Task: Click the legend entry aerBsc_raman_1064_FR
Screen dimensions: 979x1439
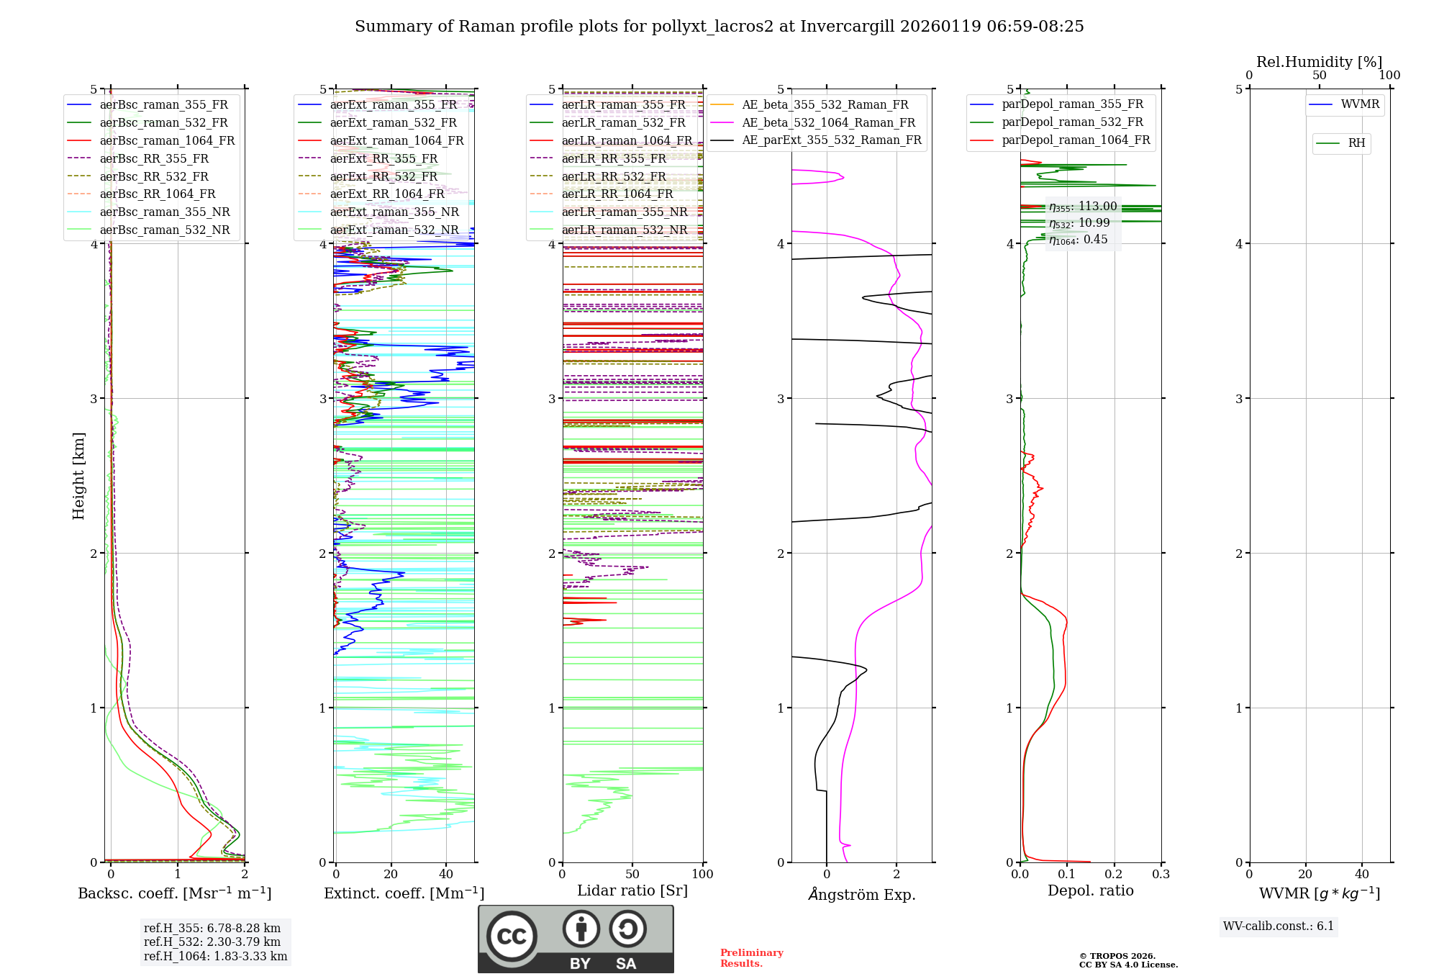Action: (x=167, y=140)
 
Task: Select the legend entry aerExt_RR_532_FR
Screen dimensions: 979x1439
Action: (x=383, y=176)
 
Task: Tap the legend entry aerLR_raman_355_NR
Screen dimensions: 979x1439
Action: (x=625, y=212)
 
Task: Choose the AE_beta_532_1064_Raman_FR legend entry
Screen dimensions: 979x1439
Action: (x=828, y=122)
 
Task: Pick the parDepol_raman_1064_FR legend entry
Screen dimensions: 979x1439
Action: (x=1076, y=140)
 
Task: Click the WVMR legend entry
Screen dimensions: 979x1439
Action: (x=1360, y=104)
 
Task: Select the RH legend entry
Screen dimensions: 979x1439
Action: (x=1356, y=143)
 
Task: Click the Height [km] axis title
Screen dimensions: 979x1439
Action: (x=78, y=476)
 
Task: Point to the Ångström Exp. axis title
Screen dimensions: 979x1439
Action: (x=862, y=895)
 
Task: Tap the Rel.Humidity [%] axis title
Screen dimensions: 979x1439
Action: (x=1319, y=62)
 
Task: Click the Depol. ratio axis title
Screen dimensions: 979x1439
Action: (x=1090, y=890)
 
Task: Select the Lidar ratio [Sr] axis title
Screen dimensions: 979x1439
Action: (x=632, y=890)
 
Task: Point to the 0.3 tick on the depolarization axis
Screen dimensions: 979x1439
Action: (x=1161, y=874)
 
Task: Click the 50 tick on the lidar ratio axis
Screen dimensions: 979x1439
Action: (x=632, y=874)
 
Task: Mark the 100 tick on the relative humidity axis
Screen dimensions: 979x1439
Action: (x=1389, y=75)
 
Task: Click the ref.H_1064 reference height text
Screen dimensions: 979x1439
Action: (x=215, y=956)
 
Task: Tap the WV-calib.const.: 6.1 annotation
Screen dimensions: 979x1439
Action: (x=1279, y=926)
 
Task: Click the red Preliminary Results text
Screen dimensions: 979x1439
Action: (x=751, y=958)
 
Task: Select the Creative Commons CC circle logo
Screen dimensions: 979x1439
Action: (x=512, y=937)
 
